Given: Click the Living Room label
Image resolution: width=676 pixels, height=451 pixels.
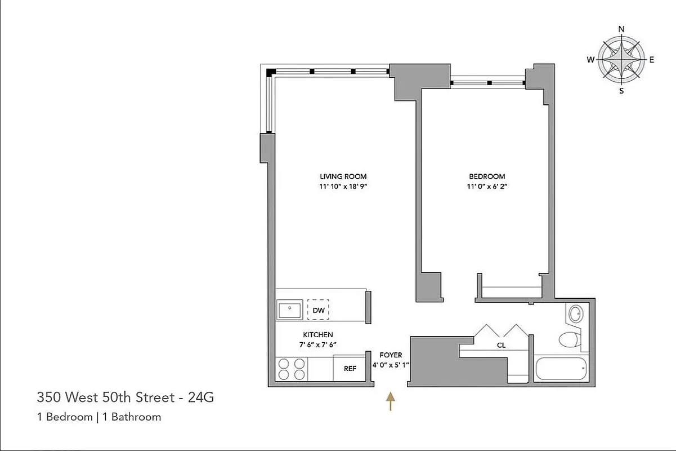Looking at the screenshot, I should (343, 176).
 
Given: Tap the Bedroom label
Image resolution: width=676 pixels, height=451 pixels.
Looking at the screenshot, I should (487, 176).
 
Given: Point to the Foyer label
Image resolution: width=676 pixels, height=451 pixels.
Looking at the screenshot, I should (391, 355).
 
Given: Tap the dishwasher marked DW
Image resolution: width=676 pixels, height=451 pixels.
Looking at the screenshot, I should (318, 310).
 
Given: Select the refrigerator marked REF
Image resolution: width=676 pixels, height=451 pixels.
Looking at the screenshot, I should (350, 369).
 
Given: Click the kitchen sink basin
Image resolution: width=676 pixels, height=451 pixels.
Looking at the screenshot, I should (290, 309).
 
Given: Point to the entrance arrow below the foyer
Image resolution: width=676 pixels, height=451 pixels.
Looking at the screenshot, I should (390, 403).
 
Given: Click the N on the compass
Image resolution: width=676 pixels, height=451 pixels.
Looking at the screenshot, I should (621, 29).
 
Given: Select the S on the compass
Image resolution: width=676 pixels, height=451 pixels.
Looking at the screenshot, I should (621, 91).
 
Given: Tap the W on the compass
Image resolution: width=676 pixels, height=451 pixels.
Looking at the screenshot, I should (590, 60).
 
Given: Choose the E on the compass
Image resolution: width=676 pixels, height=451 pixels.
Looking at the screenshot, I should (652, 60).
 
